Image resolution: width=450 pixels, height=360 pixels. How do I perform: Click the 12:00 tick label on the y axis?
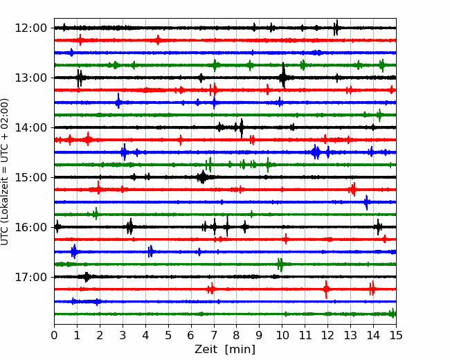(x=30, y=28)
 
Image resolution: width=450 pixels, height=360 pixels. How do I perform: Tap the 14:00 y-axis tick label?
(x=30, y=127)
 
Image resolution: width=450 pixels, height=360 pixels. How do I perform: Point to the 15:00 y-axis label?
(x=30, y=177)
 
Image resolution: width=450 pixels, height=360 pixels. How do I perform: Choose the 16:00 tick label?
(x=30, y=227)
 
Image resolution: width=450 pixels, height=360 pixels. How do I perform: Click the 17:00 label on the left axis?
(x=30, y=277)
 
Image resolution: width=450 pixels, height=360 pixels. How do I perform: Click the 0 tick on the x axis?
(x=54, y=335)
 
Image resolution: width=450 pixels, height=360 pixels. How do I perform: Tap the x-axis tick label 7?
(x=214, y=335)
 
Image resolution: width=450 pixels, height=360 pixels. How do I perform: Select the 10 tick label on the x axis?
(x=282, y=335)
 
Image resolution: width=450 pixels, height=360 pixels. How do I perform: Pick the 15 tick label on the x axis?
(x=396, y=335)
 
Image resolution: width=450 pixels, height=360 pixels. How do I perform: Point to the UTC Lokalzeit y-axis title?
(x=4, y=172)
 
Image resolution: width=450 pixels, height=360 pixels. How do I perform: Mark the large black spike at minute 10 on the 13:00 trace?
(x=283, y=75)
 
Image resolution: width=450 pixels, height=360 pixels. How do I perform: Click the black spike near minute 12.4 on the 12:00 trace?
(x=336, y=28)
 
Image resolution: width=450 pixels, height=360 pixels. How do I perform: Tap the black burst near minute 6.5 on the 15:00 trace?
(x=202, y=177)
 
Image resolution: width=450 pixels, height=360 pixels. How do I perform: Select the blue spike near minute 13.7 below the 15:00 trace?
(x=366, y=202)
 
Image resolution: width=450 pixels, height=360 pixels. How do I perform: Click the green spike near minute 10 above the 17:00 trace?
(x=280, y=264)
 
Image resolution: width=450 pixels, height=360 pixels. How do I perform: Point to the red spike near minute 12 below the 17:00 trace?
(x=326, y=289)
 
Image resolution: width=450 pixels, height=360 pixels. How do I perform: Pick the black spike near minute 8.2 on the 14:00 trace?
(x=242, y=128)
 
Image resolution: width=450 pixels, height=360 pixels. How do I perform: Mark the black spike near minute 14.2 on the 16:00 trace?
(x=378, y=227)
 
